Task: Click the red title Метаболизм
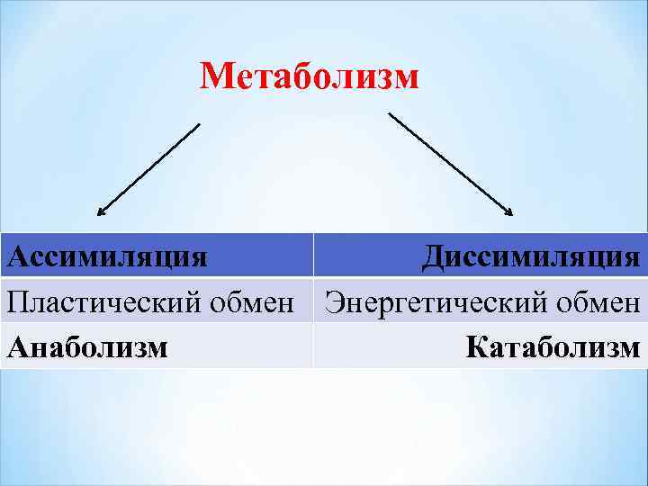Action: click(310, 77)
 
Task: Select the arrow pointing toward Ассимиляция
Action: click(148, 170)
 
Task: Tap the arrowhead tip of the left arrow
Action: click(98, 216)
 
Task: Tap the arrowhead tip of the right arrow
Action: click(512, 215)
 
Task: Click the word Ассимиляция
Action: click(107, 256)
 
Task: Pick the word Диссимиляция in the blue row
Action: click(532, 256)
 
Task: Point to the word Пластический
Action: click(95, 301)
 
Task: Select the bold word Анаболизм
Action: click(87, 346)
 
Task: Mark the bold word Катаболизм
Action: click(553, 346)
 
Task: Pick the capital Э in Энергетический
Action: click(334, 301)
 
